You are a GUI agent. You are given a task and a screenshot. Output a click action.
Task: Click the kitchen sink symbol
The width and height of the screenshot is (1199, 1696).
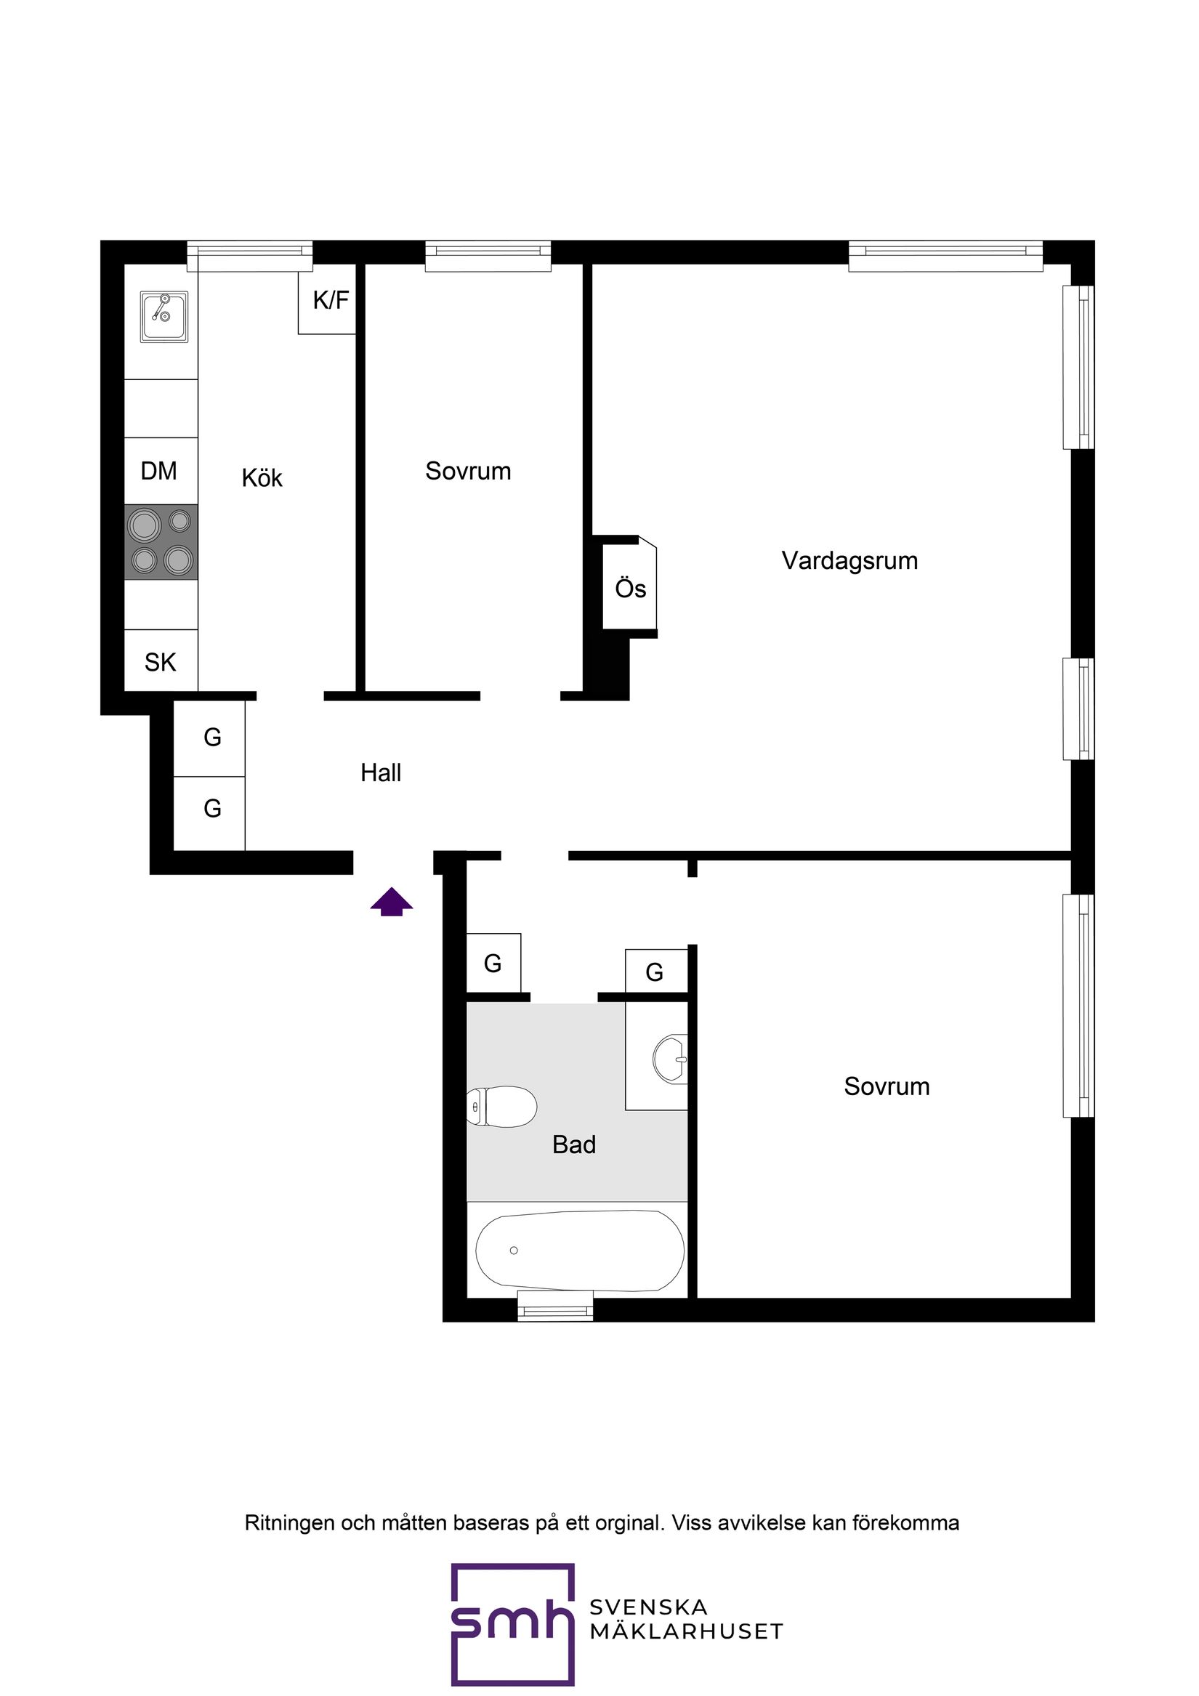[x=164, y=316]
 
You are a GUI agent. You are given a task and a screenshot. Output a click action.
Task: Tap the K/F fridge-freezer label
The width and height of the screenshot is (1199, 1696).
[x=330, y=301]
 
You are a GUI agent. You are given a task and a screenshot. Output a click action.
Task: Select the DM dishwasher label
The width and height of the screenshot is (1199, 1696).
[x=159, y=471]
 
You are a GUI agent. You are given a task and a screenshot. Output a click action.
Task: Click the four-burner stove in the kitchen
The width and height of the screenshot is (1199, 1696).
[x=161, y=542]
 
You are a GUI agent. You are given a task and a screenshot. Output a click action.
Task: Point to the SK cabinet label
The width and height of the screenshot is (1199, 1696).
[x=161, y=663]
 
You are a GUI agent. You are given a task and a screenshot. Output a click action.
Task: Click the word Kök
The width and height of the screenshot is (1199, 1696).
[x=262, y=478]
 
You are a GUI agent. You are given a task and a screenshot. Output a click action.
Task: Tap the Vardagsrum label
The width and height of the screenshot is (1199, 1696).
[x=849, y=562]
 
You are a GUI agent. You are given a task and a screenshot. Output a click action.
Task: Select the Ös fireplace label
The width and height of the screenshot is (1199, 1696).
[x=630, y=589]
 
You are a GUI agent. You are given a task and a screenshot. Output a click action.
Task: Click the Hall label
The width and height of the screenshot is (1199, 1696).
[x=381, y=773]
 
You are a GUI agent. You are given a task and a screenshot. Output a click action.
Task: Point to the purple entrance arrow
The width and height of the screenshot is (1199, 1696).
[x=392, y=902]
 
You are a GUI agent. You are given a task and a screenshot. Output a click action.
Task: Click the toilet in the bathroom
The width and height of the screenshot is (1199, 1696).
[x=501, y=1107]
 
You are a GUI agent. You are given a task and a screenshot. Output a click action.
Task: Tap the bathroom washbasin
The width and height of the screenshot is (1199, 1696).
[x=671, y=1059]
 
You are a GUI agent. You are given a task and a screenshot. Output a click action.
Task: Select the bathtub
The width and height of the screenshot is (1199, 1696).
[x=580, y=1251]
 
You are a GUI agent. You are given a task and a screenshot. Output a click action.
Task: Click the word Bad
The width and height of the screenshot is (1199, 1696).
[x=574, y=1145]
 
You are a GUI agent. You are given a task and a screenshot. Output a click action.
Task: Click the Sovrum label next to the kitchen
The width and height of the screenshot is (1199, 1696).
[x=469, y=472]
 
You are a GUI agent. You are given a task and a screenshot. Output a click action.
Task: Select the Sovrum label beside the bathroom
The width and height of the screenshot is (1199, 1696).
[x=887, y=1086]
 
